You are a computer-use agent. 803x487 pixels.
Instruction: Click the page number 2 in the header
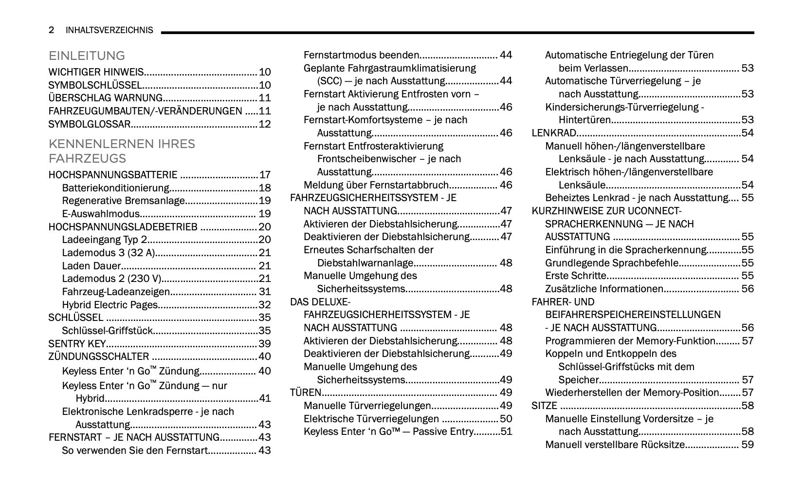51,30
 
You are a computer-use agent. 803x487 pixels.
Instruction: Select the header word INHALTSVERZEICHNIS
109,30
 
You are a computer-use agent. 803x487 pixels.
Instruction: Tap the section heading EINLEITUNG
87,56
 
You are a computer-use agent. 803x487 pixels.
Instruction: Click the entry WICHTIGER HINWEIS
96,72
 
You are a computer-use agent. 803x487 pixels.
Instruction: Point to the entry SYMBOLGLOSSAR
89,124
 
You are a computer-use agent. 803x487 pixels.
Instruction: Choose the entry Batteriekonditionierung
115,188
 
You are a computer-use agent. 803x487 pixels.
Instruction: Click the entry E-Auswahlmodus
101,214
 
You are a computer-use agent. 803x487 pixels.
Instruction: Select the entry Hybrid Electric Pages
109,305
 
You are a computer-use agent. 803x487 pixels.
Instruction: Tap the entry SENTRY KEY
77,344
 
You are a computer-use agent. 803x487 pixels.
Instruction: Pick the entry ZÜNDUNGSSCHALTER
99,356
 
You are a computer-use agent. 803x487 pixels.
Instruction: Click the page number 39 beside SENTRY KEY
264,344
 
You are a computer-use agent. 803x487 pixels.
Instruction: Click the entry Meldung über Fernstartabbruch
376,185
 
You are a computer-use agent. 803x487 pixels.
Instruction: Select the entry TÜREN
305,393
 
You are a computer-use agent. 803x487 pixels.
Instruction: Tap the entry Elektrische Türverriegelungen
371,419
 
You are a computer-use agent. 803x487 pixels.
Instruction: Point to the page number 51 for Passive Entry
506,431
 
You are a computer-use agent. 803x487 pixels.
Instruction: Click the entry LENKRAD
554,133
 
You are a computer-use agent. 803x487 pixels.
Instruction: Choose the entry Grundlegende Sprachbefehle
611,263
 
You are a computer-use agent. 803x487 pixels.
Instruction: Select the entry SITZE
544,406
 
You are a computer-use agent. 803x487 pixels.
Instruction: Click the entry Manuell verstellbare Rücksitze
615,445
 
